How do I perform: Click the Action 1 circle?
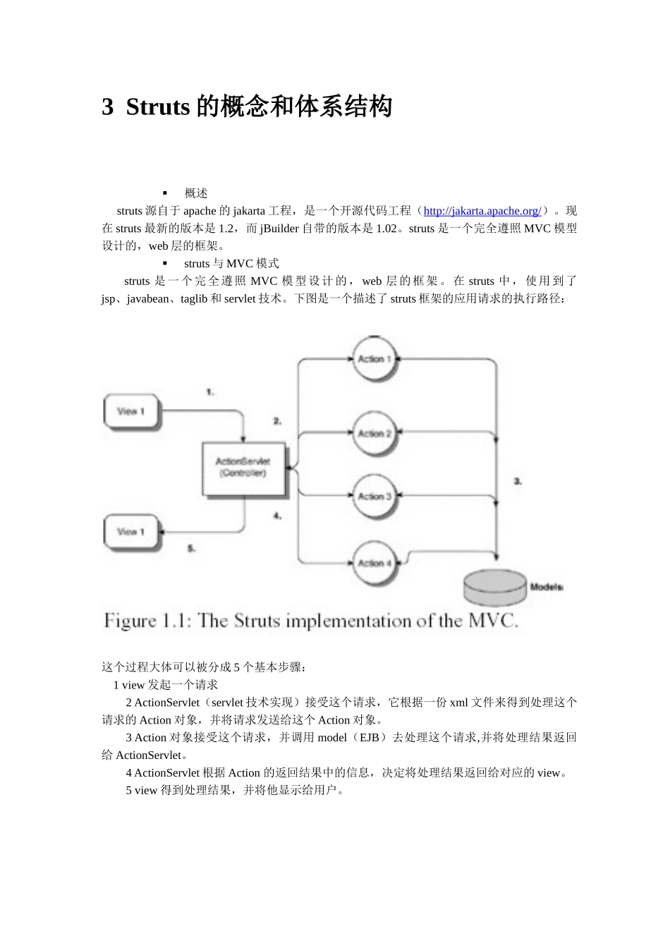(374, 360)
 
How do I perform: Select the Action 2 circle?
(374, 434)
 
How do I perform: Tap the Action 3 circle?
(374, 497)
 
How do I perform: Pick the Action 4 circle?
(374, 563)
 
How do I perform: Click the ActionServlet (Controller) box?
(243, 468)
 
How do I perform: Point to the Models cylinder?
(495, 586)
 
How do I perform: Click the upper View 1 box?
(131, 412)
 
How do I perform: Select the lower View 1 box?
(131, 532)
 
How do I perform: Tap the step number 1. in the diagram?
(210, 391)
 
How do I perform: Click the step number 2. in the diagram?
(278, 421)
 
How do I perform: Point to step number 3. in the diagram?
(518, 481)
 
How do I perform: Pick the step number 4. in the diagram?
(278, 516)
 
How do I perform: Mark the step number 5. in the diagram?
(191, 548)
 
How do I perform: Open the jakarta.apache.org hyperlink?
(482, 211)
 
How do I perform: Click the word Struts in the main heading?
(158, 107)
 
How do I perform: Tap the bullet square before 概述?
(165, 193)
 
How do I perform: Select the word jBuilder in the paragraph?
(279, 229)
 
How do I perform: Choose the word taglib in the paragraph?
(194, 299)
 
